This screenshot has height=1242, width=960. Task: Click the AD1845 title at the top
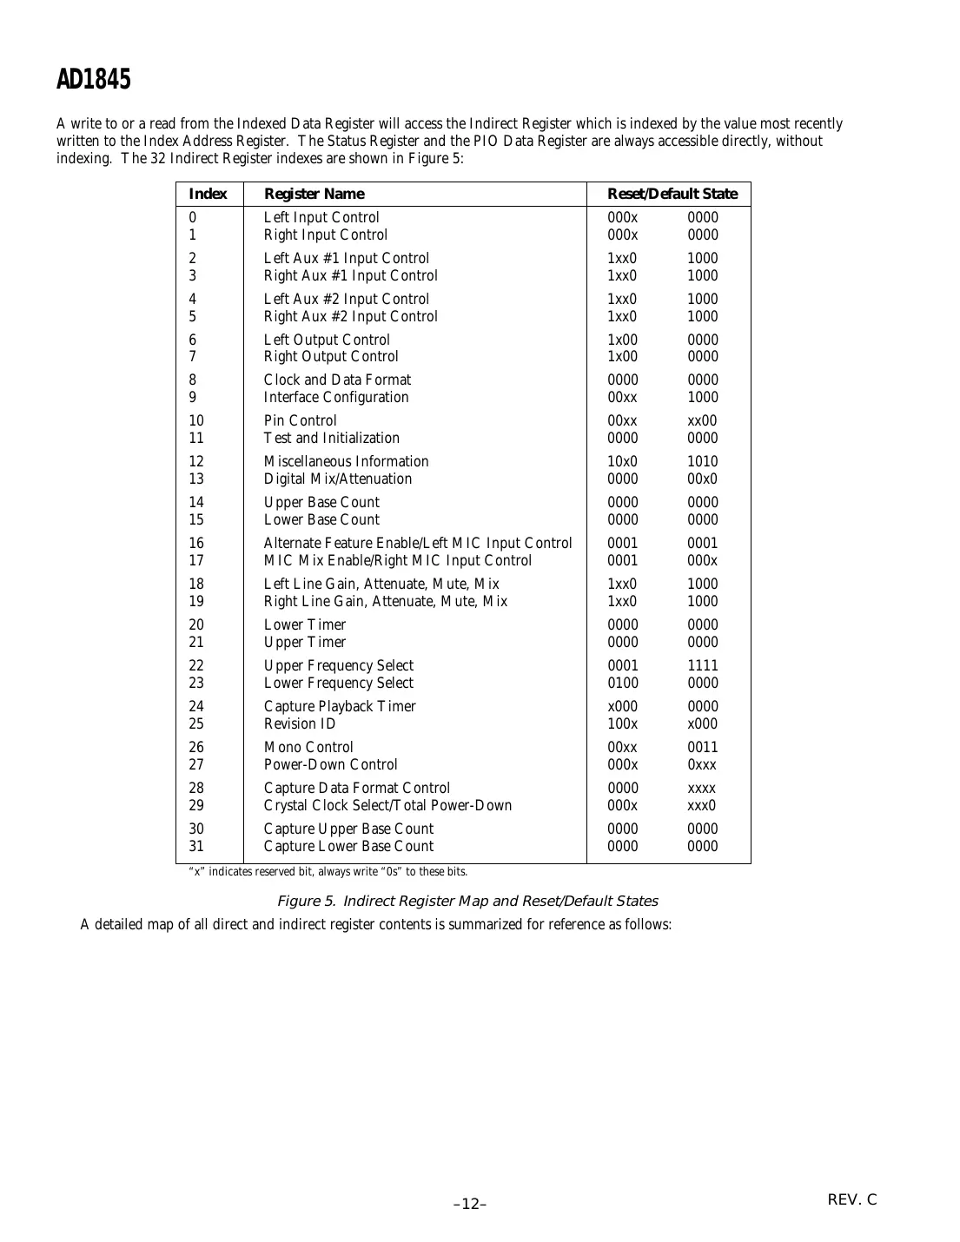pyautogui.click(x=93, y=80)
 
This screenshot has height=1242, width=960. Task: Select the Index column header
pyautogui.click(x=208, y=194)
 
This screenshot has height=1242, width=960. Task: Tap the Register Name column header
pyautogui.click(x=314, y=194)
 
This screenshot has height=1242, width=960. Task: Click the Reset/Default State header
pyautogui.click(x=672, y=194)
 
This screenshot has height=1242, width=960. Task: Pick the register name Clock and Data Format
pyautogui.click(x=337, y=380)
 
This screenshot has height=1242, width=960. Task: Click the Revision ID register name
pyautogui.click(x=299, y=724)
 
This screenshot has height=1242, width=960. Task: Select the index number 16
pyautogui.click(x=196, y=544)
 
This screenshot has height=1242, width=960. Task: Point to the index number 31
pyautogui.click(x=196, y=847)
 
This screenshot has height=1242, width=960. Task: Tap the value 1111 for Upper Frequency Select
pyautogui.click(x=703, y=666)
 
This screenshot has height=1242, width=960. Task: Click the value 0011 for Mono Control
pyautogui.click(x=703, y=748)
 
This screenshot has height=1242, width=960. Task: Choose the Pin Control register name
pyautogui.click(x=300, y=421)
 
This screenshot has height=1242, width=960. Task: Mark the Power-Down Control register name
pyautogui.click(x=330, y=765)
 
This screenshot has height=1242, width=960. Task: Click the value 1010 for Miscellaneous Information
pyautogui.click(x=703, y=462)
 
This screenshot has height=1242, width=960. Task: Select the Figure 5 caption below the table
pyautogui.click(x=467, y=902)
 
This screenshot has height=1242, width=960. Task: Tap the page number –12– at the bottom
pyautogui.click(x=470, y=1204)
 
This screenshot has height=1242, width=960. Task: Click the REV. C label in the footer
pyautogui.click(x=851, y=1200)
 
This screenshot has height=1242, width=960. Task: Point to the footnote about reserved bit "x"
pyautogui.click(x=328, y=872)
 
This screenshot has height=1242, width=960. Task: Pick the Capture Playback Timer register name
pyautogui.click(x=340, y=707)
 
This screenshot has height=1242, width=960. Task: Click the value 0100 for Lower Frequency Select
pyautogui.click(x=622, y=684)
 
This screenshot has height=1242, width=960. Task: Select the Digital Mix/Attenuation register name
pyautogui.click(x=338, y=479)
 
